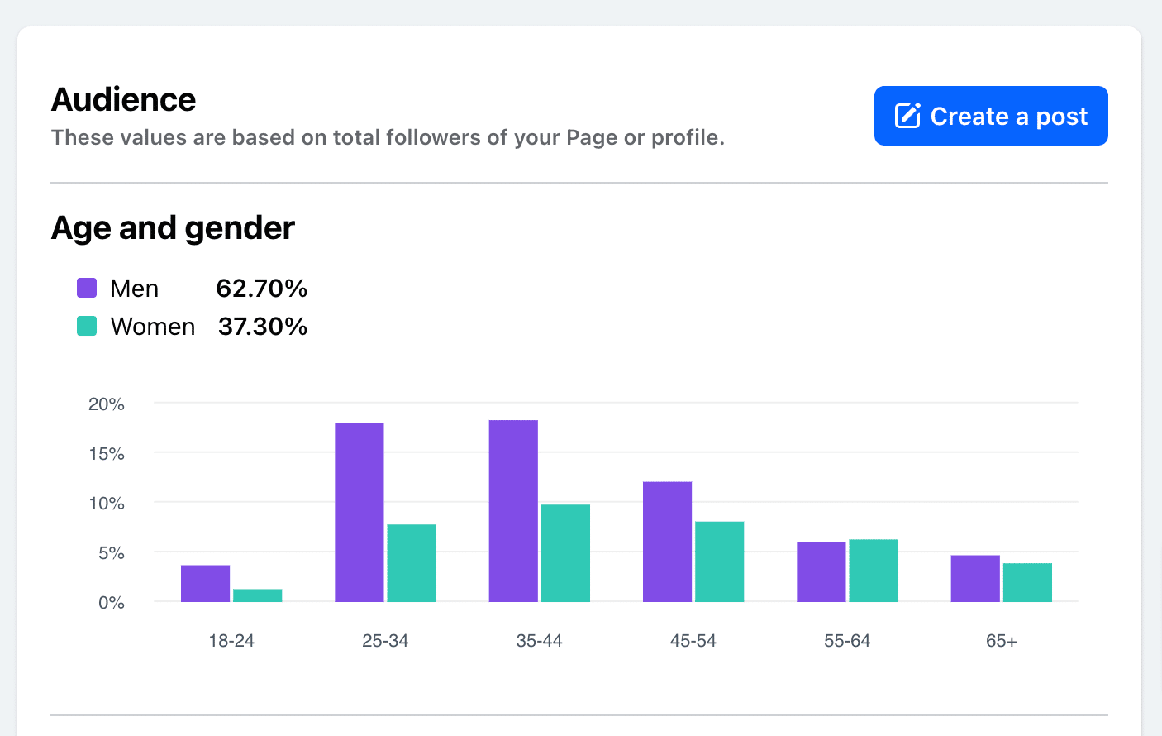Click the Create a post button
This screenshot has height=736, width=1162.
(x=991, y=116)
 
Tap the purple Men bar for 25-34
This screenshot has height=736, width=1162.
(x=360, y=512)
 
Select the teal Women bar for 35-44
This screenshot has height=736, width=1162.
(x=565, y=552)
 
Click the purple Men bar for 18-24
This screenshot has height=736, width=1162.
(x=205, y=583)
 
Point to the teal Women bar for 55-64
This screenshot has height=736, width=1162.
(x=874, y=570)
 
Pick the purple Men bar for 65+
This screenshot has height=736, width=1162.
(x=975, y=578)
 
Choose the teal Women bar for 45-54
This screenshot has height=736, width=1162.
(x=719, y=561)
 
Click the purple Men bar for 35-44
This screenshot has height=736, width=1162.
(x=513, y=510)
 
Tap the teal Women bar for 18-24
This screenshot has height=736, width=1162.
(x=258, y=595)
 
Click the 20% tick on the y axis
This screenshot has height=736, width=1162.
(x=107, y=404)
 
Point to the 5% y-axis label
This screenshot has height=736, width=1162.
(x=111, y=553)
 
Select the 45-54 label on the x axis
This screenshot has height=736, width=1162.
(x=693, y=641)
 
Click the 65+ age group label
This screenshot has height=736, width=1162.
(x=1001, y=641)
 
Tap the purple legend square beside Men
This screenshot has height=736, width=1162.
(x=87, y=288)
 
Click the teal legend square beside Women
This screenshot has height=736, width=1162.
(x=87, y=326)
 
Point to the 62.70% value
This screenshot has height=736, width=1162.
(x=261, y=288)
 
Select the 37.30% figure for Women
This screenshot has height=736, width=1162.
(x=263, y=326)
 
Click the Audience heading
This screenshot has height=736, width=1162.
(x=124, y=100)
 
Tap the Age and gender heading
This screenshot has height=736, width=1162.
(x=173, y=227)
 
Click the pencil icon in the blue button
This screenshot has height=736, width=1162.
(x=907, y=116)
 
